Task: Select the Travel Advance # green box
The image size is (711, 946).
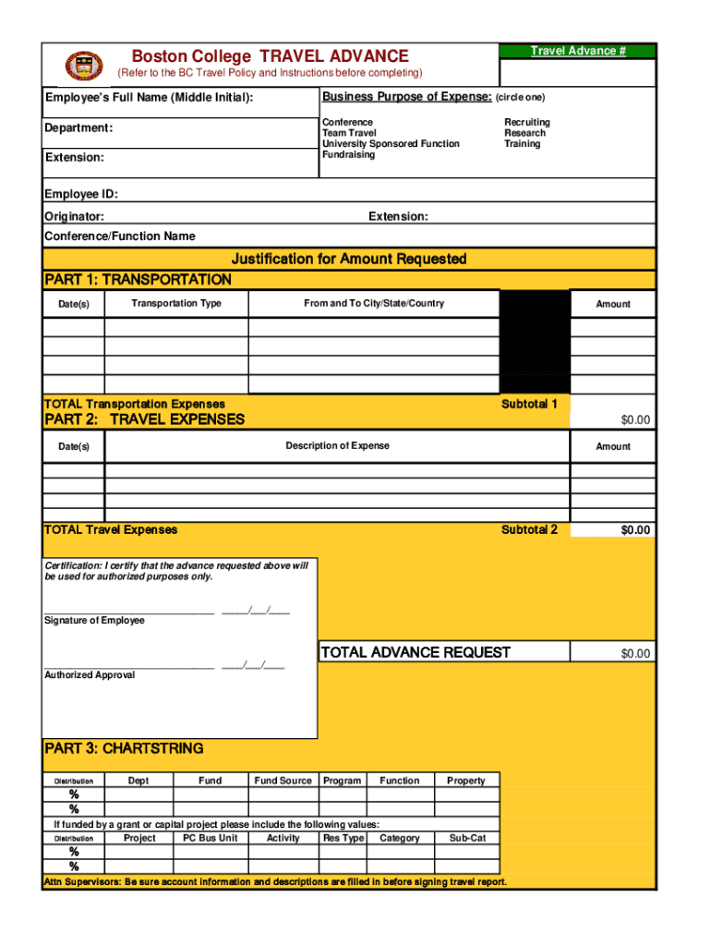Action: coord(577,51)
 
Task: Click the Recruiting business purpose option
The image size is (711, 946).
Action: coord(526,122)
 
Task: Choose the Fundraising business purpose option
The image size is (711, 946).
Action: coord(348,155)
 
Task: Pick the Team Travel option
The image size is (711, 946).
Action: coord(349,133)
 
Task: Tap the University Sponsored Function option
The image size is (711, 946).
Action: coord(390,144)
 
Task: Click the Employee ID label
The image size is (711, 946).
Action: coord(81,194)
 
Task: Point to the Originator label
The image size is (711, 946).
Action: coord(74,216)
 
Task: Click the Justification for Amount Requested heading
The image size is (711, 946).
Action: coord(349,259)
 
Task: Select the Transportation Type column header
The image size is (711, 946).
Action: coord(176,303)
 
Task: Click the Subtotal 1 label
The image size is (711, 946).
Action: coord(529,404)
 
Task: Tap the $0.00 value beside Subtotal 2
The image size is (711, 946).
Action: coord(635,529)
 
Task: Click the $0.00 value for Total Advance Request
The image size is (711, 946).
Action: coord(635,653)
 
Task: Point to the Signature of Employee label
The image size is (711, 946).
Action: coord(94,620)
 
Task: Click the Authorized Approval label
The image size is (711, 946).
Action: coord(90,675)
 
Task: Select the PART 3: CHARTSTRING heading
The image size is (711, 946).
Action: coord(124,748)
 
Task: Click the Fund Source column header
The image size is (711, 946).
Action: coord(283,781)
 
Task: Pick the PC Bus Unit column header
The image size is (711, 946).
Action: coord(210,838)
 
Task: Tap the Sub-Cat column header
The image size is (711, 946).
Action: coord(466,838)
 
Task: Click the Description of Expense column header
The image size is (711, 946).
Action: coord(337,445)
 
